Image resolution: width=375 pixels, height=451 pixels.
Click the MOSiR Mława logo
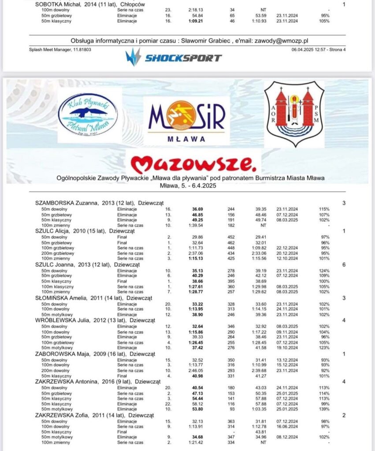(186, 120)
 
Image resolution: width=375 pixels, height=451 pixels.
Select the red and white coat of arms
(294, 114)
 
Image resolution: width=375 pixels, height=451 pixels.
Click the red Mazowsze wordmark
(193, 164)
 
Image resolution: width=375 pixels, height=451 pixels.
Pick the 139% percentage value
(325, 410)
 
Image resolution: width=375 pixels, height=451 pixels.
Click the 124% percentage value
(325, 270)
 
